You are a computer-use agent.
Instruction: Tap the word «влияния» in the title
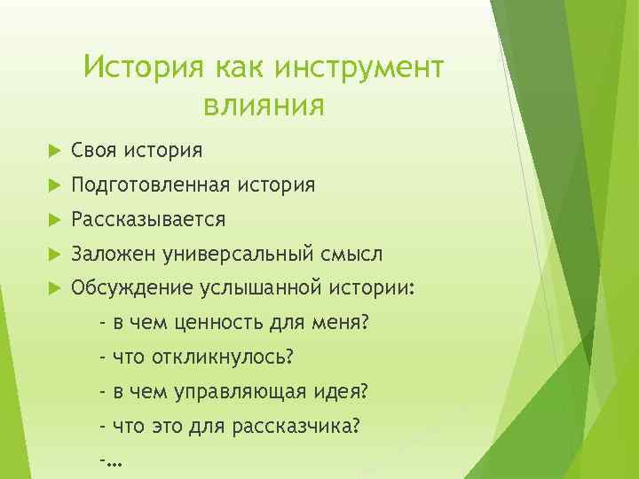pos(264,106)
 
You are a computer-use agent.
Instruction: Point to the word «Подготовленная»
pos(151,185)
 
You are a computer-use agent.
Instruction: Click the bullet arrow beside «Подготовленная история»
pos(51,185)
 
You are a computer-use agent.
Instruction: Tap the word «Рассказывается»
pos(148,219)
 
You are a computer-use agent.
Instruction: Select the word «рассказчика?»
pos(296,426)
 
